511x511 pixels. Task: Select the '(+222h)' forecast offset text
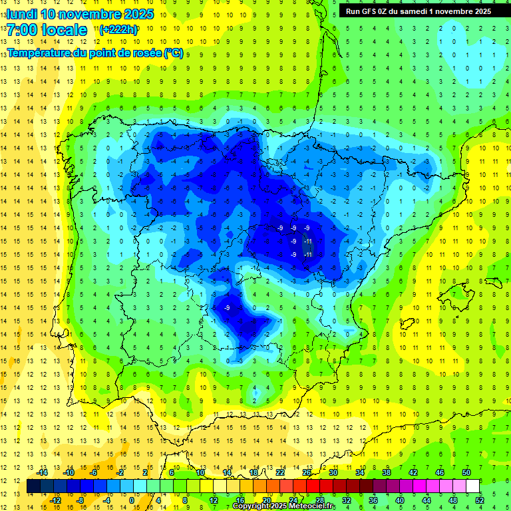coord(118,30)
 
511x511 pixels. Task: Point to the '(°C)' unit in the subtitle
coord(174,53)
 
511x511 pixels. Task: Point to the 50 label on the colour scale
coord(466,472)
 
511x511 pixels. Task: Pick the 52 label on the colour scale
coord(480,500)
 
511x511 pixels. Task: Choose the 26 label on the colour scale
coord(307,472)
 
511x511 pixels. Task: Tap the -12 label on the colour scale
coord(55,500)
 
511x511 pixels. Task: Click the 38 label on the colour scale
coord(387,472)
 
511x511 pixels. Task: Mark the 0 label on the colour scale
coord(132,500)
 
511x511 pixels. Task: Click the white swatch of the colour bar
coord(473,486)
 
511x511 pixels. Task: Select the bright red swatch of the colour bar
coord(313,486)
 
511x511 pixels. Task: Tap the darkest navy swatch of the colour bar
coord(33,486)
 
